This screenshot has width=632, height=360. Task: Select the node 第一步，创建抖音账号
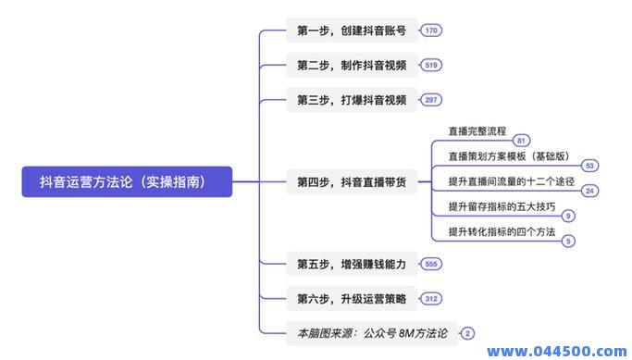[x=352, y=31]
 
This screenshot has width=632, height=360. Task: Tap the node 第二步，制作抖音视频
[x=352, y=65]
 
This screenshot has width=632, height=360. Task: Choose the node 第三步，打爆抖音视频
[x=352, y=100]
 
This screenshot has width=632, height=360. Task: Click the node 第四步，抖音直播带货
[x=352, y=181]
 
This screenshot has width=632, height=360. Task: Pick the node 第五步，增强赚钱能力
[x=352, y=264]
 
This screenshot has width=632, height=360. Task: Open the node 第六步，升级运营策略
[x=352, y=298]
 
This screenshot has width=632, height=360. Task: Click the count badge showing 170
[x=431, y=31]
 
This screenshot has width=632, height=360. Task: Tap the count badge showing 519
[x=431, y=65]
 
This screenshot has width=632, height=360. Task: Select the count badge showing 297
[x=431, y=100]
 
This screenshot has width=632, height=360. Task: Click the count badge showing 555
[x=431, y=264]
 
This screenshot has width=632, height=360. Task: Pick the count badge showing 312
[x=431, y=298]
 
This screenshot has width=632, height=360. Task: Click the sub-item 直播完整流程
[x=477, y=130]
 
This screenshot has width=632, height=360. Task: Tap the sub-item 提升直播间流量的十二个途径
[x=512, y=181]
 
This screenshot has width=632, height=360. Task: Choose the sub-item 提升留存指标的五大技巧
[x=502, y=206]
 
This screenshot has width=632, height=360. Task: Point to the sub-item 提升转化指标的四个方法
[x=502, y=231]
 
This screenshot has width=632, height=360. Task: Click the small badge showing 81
[x=522, y=141]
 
